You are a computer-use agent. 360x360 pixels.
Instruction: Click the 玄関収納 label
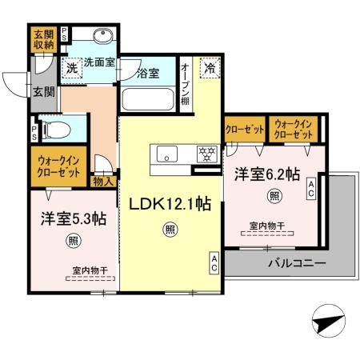point(43,40)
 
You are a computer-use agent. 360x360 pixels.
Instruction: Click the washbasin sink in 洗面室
point(102,37)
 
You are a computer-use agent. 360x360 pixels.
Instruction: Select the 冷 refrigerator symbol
point(209,69)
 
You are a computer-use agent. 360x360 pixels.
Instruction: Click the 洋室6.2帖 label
point(266,173)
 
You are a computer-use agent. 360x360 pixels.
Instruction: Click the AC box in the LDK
point(214,262)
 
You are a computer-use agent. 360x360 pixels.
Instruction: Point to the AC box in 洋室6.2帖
point(312,189)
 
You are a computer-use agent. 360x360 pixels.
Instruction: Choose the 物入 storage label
point(104,182)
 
